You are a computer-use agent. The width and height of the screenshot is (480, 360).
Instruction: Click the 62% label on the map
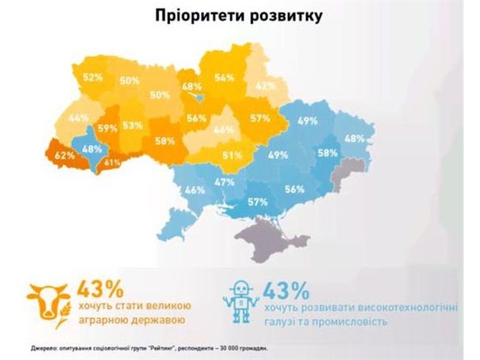64,155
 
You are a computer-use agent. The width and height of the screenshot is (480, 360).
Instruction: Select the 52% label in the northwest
93,76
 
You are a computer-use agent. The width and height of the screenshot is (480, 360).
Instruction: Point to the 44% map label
78,118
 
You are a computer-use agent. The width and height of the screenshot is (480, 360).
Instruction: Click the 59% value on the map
107,128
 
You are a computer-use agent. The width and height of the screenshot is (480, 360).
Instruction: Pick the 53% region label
133,125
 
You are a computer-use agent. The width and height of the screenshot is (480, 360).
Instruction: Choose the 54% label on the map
224,76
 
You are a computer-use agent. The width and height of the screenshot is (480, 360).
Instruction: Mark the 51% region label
230,155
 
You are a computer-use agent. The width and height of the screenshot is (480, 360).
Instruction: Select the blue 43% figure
288,289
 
